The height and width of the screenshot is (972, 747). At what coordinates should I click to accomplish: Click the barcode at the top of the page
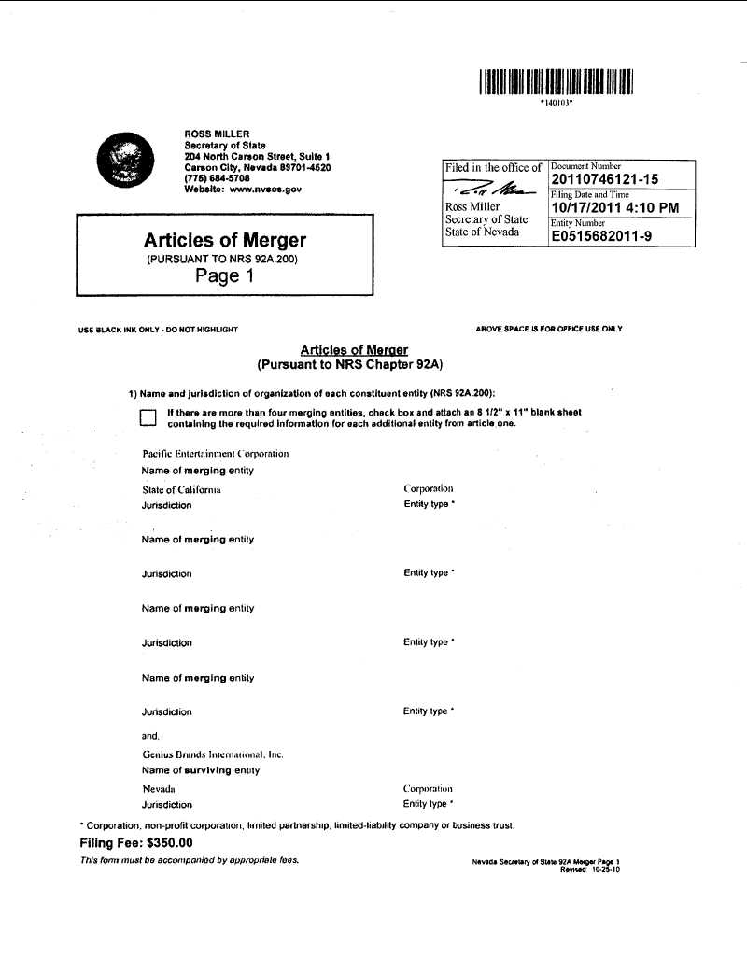pyautogui.click(x=557, y=82)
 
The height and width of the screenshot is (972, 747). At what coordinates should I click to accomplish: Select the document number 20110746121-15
pyautogui.click(x=605, y=180)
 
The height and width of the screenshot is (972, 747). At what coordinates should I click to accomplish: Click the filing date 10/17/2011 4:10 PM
pyautogui.click(x=614, y=207)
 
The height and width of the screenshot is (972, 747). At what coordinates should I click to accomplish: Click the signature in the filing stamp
pyautogui.click(x=492, y=190)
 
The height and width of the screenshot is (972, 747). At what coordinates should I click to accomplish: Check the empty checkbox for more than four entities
pyautogui.click(x=148, y=417)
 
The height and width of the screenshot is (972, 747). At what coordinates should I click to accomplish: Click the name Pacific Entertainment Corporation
pyautogui.click(x=215, y=454)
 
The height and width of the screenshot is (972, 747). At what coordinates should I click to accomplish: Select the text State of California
pyautogui.click(x=181, y=489)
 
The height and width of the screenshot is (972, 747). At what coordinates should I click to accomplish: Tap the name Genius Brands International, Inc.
pyautogui.click(x=213, y=754)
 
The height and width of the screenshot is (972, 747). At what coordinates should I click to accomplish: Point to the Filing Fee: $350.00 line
pyautogui.click(x=136, y=842)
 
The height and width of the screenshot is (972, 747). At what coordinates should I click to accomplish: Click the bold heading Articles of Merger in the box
pyautogui.click(x=224, y=241)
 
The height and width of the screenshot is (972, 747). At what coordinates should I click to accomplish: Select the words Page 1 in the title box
pyautogui.click(x=224, y=275)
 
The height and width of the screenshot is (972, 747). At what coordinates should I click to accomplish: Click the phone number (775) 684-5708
pyautogui.click(x=217, y=177)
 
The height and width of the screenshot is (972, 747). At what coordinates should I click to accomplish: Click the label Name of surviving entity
pyautogui.click(x=201, y=770)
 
